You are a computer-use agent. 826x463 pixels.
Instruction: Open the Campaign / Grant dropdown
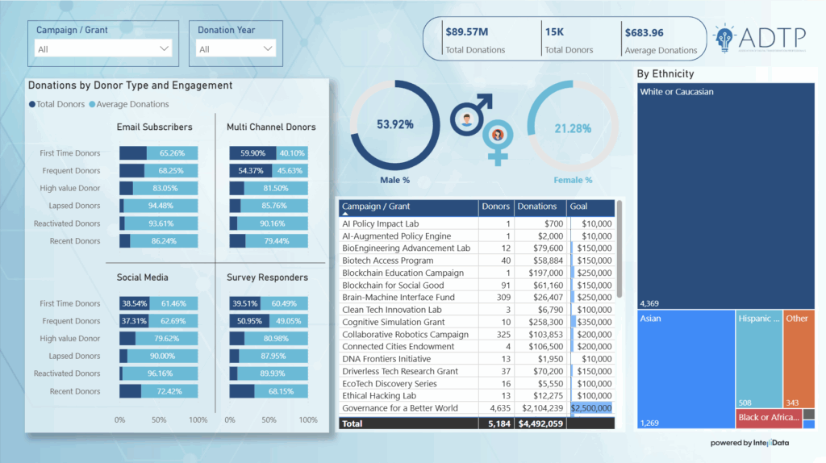[104, 49]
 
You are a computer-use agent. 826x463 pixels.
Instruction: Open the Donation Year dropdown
[236, 49]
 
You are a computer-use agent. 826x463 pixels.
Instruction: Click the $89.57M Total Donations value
[465, 32]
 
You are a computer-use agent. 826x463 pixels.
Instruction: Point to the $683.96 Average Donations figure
[643, 32]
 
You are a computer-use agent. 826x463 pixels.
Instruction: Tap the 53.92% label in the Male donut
[395, 125]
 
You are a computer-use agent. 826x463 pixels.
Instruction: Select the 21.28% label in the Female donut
[573, 128]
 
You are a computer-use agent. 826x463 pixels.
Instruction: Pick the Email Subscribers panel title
[155, 127]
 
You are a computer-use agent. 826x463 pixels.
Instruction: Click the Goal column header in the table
[579, 206]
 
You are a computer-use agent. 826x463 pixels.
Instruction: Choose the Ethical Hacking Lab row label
[379, 395]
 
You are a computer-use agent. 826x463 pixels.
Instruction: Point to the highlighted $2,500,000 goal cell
[591, 408]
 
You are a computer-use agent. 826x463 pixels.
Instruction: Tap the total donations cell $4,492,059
[540, 423]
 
